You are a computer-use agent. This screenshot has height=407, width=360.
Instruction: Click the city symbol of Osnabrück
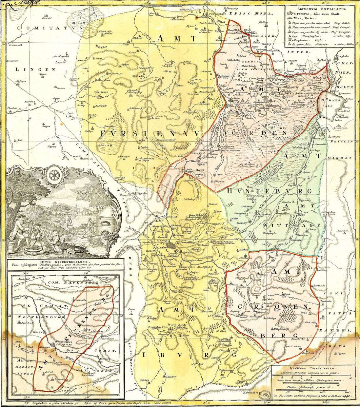(171, 247)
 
